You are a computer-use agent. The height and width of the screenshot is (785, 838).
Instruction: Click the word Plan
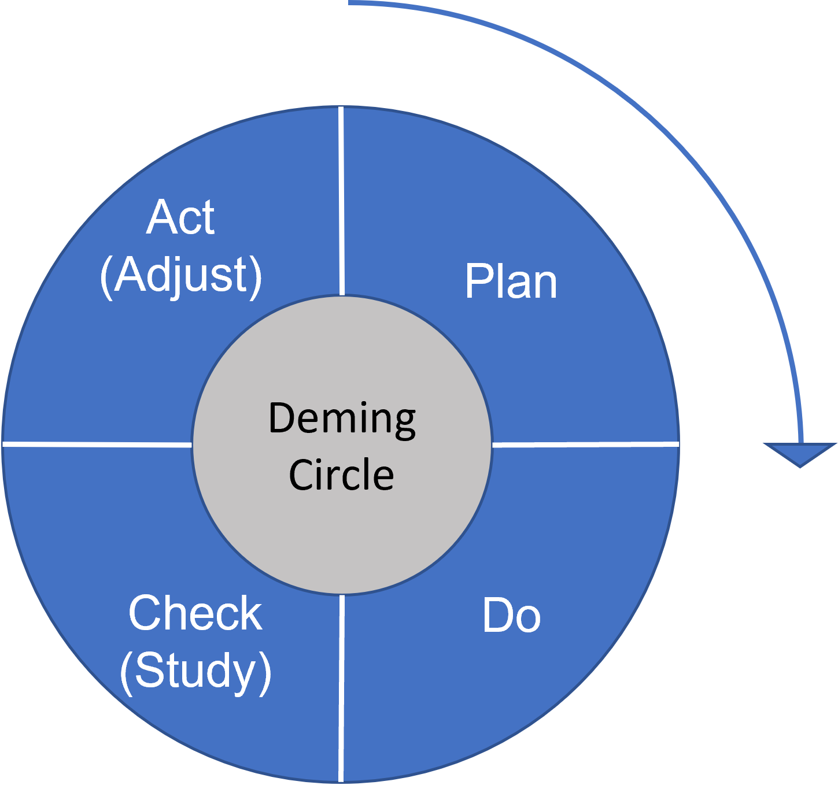pyautogui.click(x=511, y=281)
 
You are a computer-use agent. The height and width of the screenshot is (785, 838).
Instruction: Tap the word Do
pyautogui.click(x=511, y=616)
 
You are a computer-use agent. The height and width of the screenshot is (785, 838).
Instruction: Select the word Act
pyautogui.click(x=180, y=217)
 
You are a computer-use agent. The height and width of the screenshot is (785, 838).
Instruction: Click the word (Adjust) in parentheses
pyautogui.click(x=181, y=277)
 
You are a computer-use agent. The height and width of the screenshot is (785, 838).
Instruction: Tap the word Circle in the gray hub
pyautogui.click(x=341, y=475)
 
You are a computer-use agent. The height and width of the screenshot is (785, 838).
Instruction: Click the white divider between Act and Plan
pyautogui.click(x=341, y=201)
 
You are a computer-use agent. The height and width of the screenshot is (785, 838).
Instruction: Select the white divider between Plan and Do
pyautogui.click(x=586, y=445)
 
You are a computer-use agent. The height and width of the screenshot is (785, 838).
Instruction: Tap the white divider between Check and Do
pyautogui.click(x=341, y=688)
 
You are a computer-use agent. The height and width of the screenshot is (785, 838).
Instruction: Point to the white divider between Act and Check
pyautogui.click(x=98, y=445)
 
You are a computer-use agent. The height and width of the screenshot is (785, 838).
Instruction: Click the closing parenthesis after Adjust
pyautogui.click(x=256, y=277)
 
